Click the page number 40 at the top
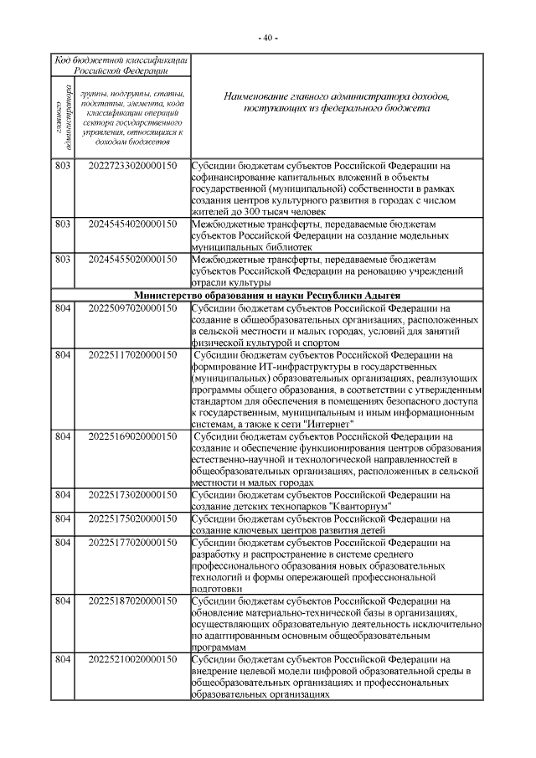268,39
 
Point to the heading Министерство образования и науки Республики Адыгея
268,296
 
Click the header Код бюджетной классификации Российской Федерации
121,66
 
